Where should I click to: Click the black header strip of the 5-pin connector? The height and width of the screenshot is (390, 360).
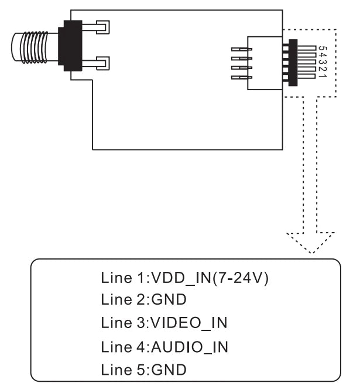coord(292,63)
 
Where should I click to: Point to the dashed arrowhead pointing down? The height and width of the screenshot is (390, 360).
coord(310,243)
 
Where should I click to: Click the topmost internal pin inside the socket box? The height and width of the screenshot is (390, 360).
coord(241,49)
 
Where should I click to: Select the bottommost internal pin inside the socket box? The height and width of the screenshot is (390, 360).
coord(241,77)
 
